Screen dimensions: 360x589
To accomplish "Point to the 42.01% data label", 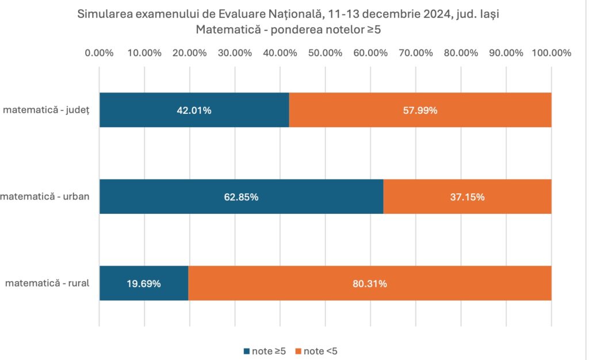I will pos(194,110).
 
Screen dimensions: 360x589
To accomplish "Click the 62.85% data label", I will pos(241,197).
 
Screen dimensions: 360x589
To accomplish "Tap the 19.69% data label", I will pos(143,284).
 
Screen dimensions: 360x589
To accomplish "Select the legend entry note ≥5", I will pos(265,351).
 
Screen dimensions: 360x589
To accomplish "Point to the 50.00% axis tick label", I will pos(325,53).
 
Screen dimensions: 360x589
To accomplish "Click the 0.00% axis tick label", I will pos(99,53).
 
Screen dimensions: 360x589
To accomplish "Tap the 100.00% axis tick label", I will pos(551,53).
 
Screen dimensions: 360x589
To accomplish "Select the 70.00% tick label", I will pos(415,53).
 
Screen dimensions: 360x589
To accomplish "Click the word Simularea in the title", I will pos(101,15).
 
